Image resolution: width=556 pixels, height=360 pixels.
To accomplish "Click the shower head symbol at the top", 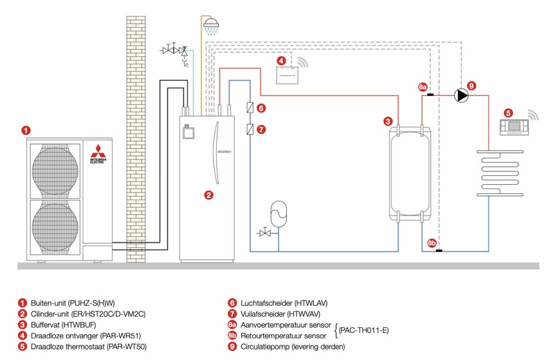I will [x=213, y=24].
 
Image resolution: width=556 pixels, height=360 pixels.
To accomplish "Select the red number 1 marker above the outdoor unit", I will [x=26, y=130].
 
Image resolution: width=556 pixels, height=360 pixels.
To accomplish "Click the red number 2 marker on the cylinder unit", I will [x=208, y=195].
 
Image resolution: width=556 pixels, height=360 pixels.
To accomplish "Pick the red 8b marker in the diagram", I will [x=432, y=243].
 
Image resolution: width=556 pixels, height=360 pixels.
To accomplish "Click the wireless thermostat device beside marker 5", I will [x=515, y=127].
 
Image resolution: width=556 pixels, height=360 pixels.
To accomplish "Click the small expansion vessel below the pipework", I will [x=277, y=212].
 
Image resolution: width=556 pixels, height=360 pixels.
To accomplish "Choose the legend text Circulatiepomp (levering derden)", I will [x=291, y=346].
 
